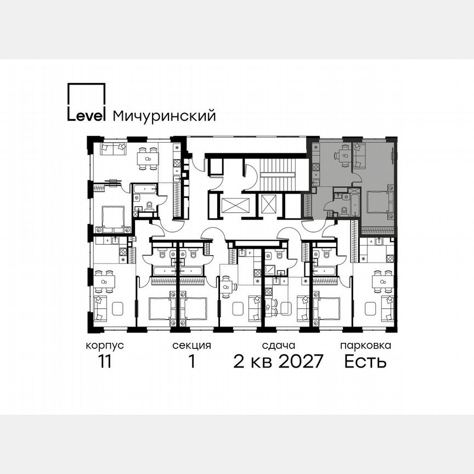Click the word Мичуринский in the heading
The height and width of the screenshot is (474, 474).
pyautogui.click(x=163, y=116)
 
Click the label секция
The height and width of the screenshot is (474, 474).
pyautogui.click(x=191, y=346)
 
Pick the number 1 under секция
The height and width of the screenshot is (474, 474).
pyautogui.click(x=191, y=363)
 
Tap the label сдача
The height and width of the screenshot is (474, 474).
pyautogui.click(x=279, y=346)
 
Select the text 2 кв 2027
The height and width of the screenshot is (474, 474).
pyautogui.click(x=279, y=363)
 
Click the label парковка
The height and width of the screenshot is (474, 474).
pyautogui.click(x=365, y=346)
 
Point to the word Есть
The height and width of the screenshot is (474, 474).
pyautogui.click(x=365, y=363)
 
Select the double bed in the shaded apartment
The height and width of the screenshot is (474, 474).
pyautogui.click(x=377, y=201)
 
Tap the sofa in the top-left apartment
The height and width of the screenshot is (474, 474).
pyautogui.click(x=114, y=148)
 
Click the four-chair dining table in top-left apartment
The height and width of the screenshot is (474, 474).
pyautogui.click(x=148, y=157)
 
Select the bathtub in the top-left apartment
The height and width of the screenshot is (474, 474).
pyautogui.click(x=144, y=190)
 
